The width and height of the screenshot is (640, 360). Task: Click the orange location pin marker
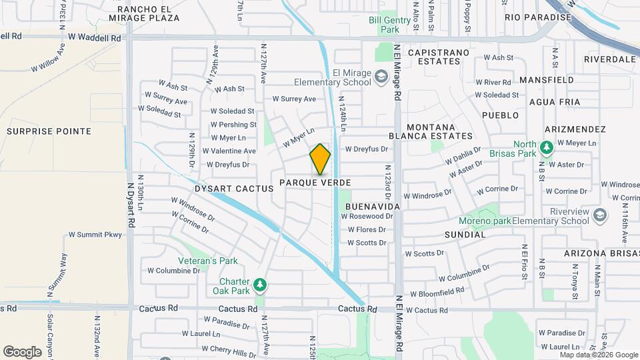(x=320, y=159)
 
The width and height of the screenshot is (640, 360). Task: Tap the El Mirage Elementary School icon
(x=381, y=77)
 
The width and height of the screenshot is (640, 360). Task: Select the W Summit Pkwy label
(x=95, y=235)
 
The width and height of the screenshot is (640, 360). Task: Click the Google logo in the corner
(x=22, y=351)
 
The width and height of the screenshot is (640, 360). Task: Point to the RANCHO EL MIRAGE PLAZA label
(x=148, y=13)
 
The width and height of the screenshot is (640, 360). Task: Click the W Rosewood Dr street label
(x=367, y=217)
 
